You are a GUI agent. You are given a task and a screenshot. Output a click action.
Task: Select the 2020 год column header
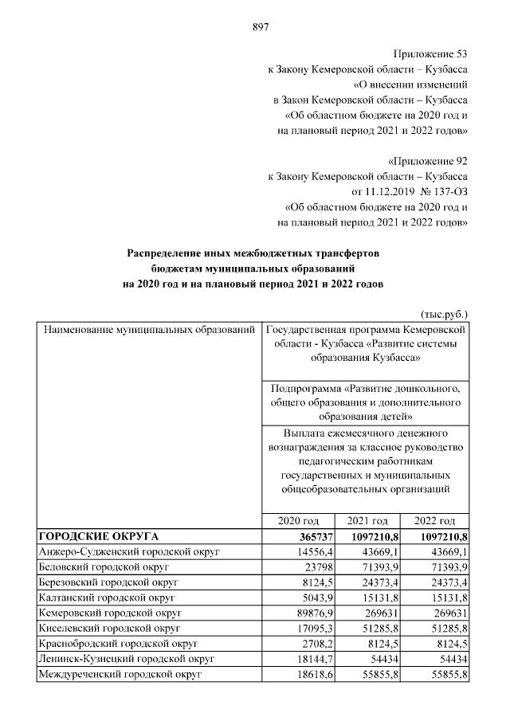(298, 519)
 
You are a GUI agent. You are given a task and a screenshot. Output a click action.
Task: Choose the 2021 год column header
(367, 519)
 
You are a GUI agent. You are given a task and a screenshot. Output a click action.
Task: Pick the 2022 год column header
(435, 519)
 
